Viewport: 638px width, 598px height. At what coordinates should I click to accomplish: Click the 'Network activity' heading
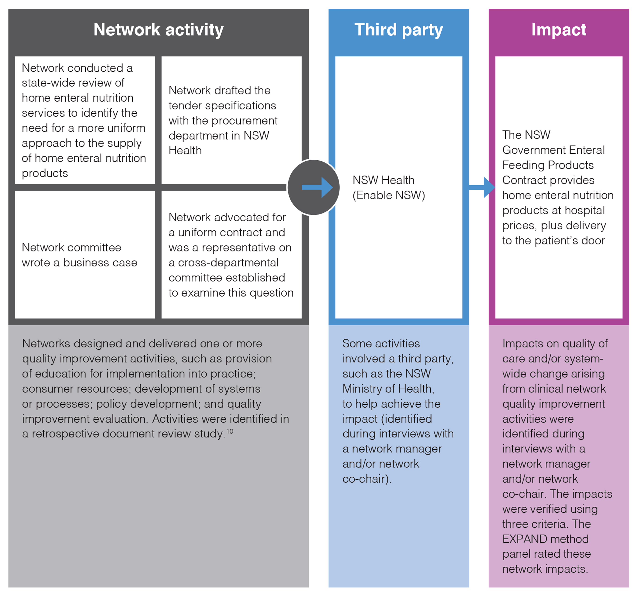coord(158,30)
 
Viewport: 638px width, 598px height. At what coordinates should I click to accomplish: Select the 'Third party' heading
coord(399,30)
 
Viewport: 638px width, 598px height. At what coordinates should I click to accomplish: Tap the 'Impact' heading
coord(559,30)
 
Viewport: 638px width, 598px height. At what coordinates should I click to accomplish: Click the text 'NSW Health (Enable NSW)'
coord(389,187)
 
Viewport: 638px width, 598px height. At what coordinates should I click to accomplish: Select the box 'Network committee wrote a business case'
coord(85,255)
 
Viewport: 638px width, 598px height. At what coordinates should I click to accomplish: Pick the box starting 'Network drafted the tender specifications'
coord(231,120)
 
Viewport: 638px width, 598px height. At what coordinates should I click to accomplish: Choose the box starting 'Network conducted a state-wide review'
coord(85,120)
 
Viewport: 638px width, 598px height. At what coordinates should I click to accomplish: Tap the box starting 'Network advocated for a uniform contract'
coord(231,255)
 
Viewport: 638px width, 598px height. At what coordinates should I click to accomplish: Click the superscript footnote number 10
coord(230,431)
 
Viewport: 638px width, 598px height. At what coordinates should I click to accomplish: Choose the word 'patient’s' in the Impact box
coord(557,240)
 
